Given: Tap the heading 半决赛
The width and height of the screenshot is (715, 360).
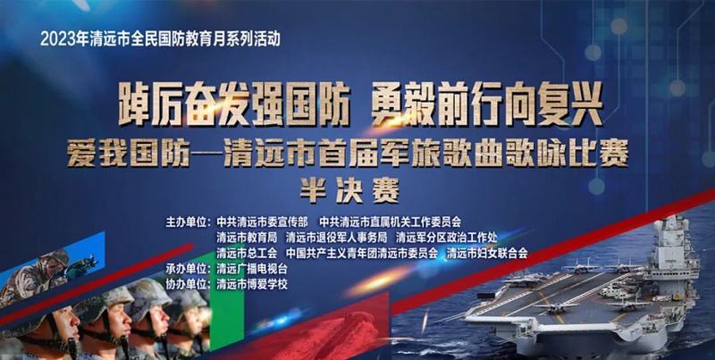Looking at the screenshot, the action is coord(349,191).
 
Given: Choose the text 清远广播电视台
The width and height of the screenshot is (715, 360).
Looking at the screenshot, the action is coord(252,269).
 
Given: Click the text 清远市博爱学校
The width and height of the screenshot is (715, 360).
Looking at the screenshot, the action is coord(252,285).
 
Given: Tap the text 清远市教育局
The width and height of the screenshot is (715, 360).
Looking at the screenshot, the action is coord(247,239).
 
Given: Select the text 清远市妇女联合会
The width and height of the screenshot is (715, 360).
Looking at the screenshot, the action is coord(487,254).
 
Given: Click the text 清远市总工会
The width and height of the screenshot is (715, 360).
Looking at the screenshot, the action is coord(247,254).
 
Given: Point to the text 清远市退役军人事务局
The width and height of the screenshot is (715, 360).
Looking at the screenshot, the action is coord(337,239).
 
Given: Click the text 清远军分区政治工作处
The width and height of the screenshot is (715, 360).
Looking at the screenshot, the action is coord(446,239).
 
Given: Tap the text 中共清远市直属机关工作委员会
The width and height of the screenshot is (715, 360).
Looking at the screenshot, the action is coord(390,222).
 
